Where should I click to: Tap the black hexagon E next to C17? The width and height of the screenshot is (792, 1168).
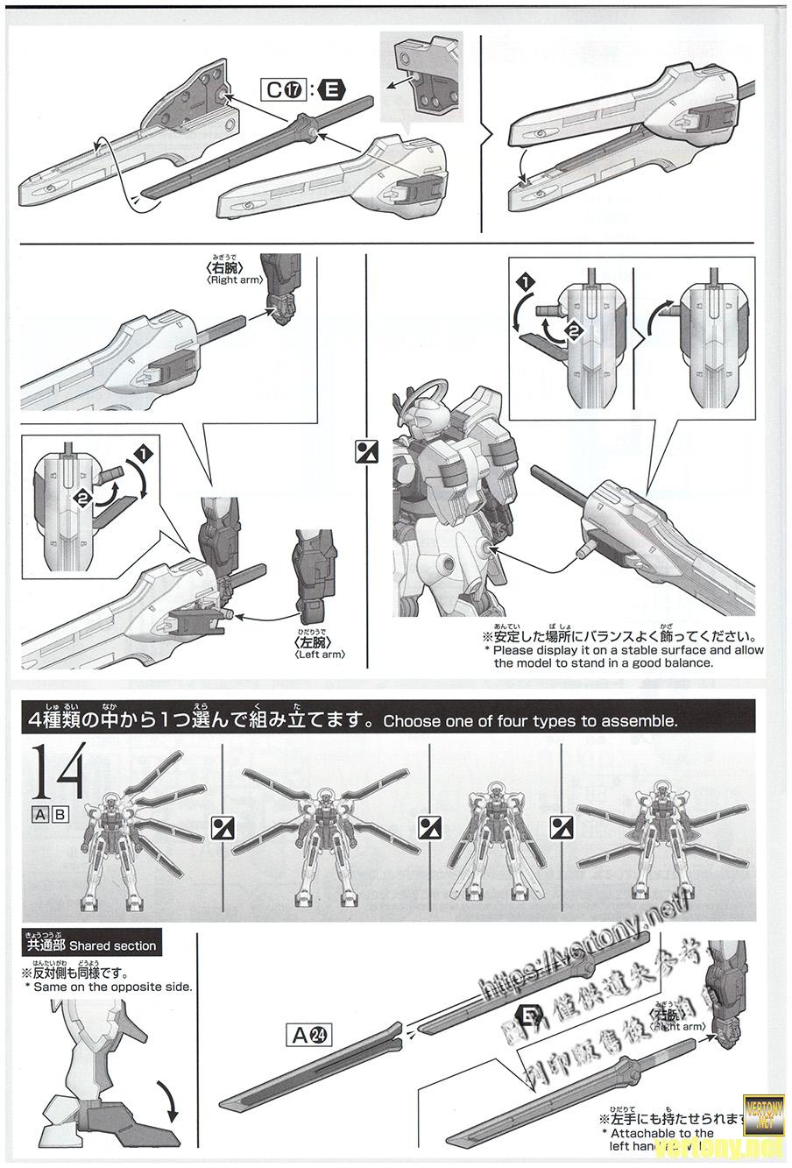(x=334, y=89)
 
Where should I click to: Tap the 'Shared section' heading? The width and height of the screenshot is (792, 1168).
(x=91, y=945)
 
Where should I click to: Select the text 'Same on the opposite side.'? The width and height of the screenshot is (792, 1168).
(x=112, y=987)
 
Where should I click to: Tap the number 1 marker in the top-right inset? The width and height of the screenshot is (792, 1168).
(x=524, y=283)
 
